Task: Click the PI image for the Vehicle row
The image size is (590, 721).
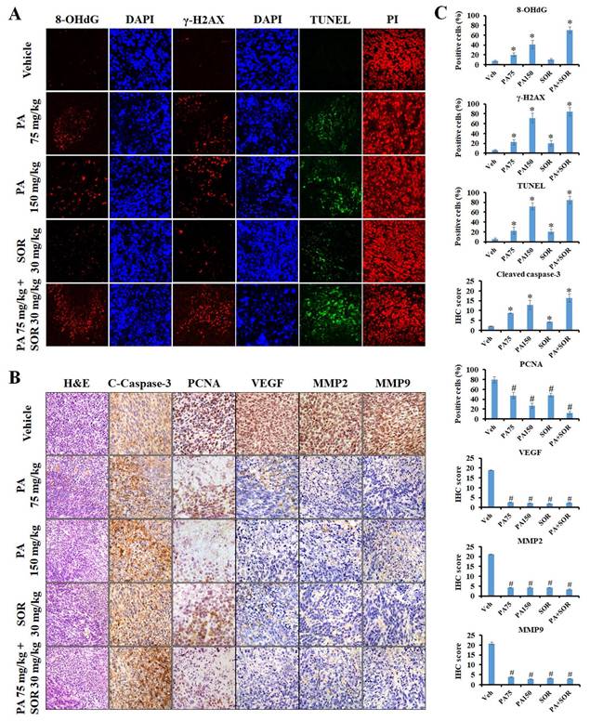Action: (394, 59)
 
